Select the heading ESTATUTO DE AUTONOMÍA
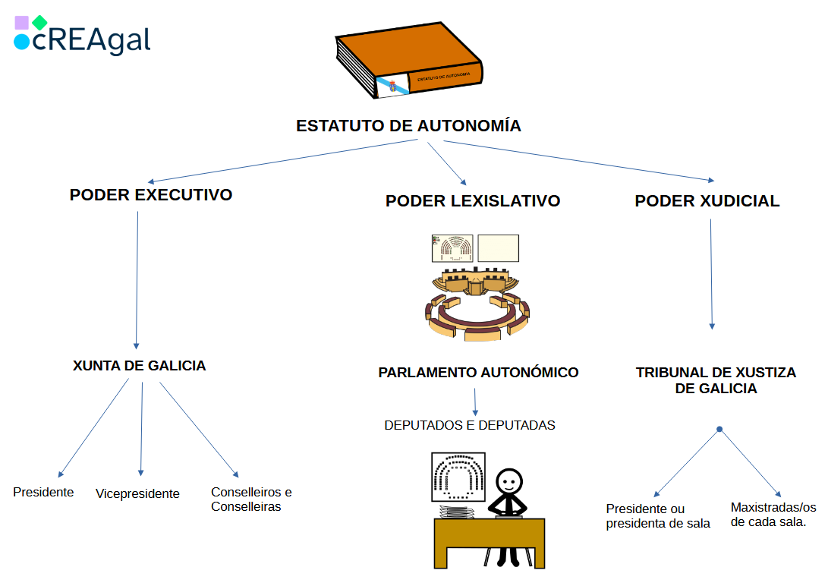(x=408, y=126)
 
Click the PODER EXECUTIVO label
(x=151, y=195)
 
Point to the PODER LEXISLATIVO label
(x=473, y=201)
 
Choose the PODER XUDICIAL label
(x=707, y=201)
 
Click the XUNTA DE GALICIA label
(x=140, y=366)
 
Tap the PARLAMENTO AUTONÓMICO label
(x=478, y=373)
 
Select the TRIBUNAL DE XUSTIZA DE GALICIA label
(x=716, y=380)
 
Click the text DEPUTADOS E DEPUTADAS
(x=470, y=425)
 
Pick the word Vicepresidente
(x=137, y=494)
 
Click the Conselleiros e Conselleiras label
(x=250, y=499)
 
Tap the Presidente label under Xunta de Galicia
(x=43, y=493)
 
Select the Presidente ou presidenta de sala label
(x=658, y=516)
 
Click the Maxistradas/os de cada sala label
(x=773, y=515)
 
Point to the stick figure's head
(x=509, y=480)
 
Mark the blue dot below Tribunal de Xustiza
(x=719, y=430)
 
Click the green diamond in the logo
(x=39, y=23)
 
